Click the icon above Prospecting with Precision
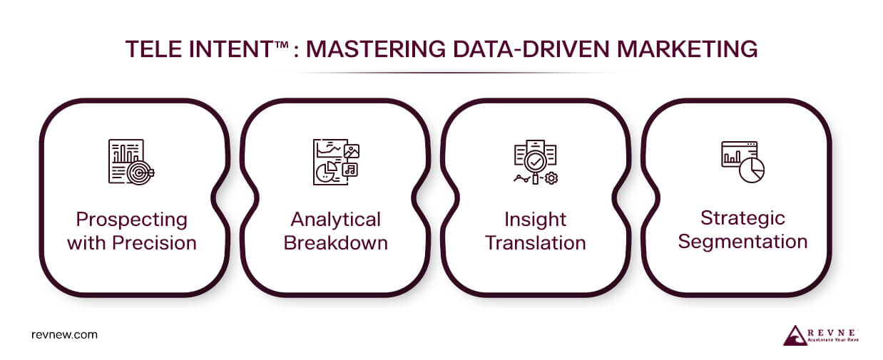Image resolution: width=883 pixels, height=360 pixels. [x=131, y=162]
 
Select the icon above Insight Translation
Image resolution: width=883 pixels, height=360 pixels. [x=536, y=162]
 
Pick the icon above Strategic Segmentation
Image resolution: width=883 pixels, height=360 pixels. [x=742, y=160]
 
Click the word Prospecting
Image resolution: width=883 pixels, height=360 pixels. [x=132, y=219]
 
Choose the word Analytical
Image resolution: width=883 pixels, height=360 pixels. [x=336, y=219]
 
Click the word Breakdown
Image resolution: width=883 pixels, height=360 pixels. [x=336, y=242]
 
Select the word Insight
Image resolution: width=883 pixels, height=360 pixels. [x=536, y=219]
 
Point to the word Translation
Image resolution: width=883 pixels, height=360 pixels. [x=536, y=242]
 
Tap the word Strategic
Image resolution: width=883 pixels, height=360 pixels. [x=742, y=217]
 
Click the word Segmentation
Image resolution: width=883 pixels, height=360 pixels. [x=742, y=241]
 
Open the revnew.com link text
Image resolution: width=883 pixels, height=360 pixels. [x=65, y=334]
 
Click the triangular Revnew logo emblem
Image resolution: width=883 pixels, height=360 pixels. [x=795, y=335]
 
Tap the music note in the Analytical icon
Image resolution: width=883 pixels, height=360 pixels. [x=350, y=169]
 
